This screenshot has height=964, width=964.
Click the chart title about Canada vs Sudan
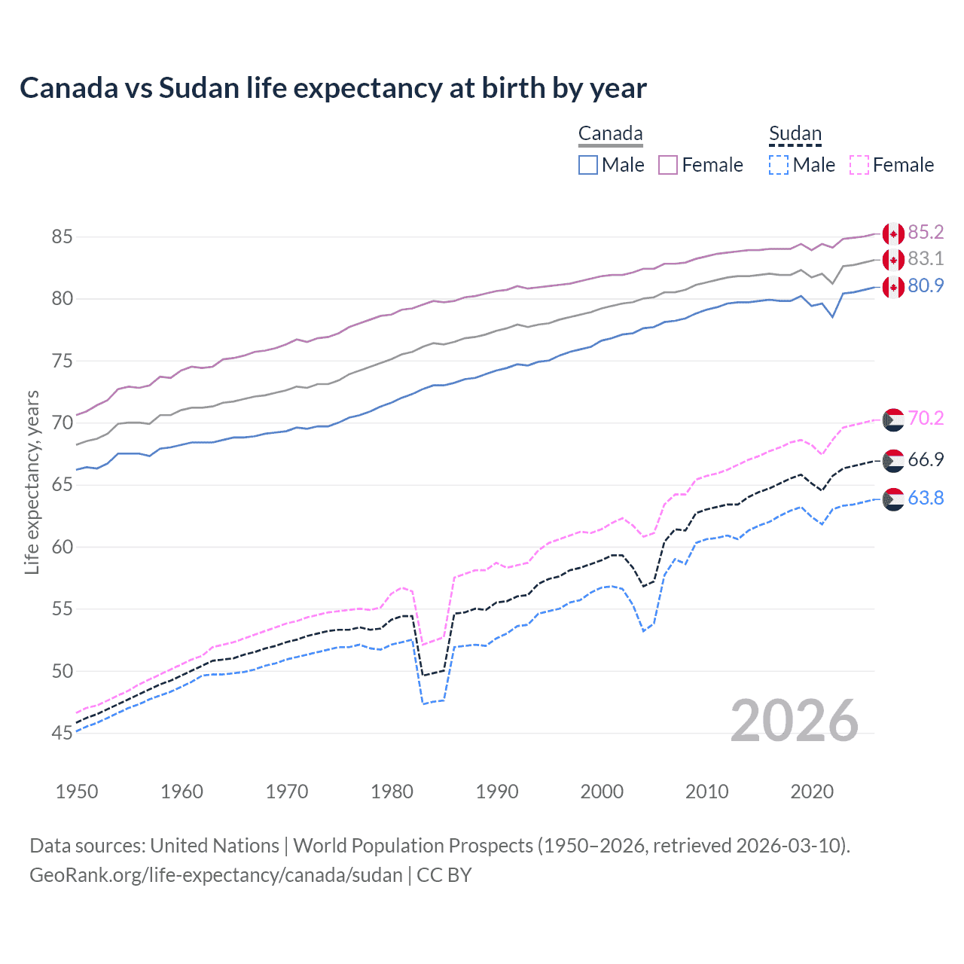(333, 88)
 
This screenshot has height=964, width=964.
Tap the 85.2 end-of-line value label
(926, 232)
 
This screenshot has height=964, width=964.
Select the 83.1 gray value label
(926, 259)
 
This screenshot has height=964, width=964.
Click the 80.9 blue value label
(926, 286)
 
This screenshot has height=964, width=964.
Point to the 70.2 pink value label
(926, 419)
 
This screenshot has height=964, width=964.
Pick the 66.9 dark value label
(926, 460)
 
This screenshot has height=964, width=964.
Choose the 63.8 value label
(926, 499)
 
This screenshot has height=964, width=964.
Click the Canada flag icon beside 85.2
(893, 233)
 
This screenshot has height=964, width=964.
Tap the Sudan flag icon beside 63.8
(893, 499)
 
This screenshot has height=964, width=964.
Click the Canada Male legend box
(588, 165)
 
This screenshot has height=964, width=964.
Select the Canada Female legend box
(668, 165)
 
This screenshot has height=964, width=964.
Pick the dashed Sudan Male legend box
(779, 165)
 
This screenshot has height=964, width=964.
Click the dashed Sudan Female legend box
(859, 165)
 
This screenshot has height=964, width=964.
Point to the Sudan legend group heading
(795, 134)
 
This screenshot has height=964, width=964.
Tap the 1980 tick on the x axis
(392, 792)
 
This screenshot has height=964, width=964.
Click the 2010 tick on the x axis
(707, 792)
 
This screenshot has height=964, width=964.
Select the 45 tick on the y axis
(62, 733)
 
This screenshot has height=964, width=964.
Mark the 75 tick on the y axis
(62, 361)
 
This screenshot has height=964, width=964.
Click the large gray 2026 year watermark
(795, 721)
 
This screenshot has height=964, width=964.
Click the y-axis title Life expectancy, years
(32, 482)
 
